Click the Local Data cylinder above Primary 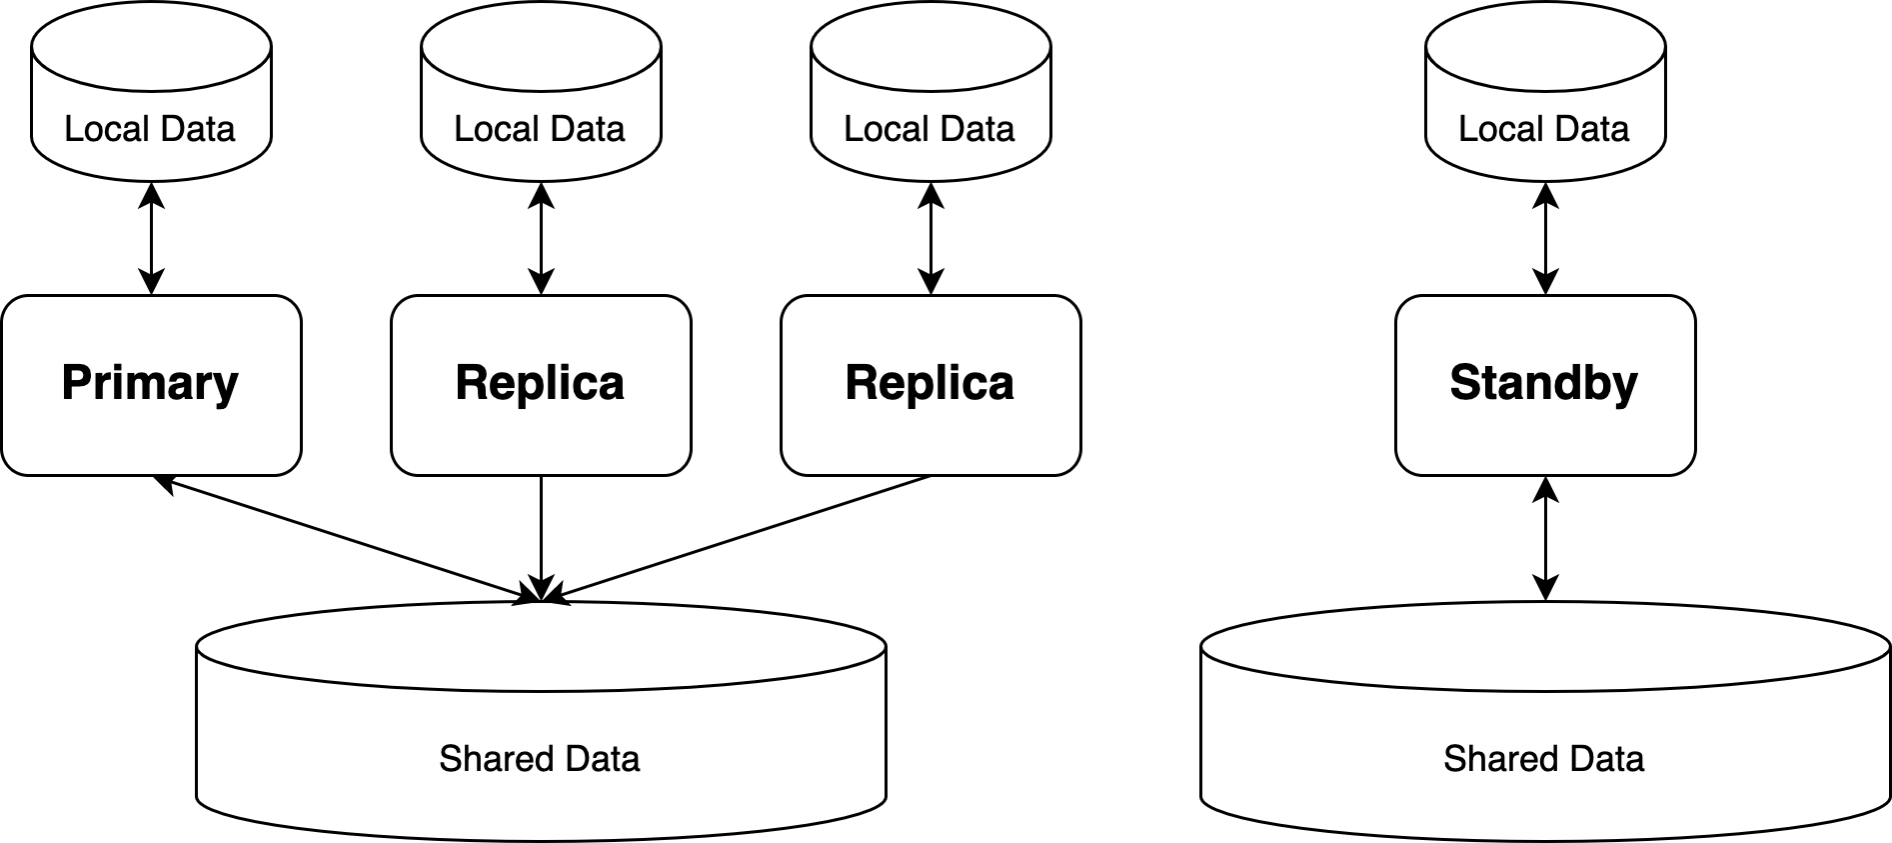coord(151,100)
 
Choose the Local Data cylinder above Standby coord(1544,100)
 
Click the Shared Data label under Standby coord(1543,759)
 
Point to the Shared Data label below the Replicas coord(540,759)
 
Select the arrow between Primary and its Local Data coord(151,238)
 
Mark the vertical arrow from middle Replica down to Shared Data coord(541,530)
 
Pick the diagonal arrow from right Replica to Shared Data coord(740,537)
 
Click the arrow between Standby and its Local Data coord(1545,238)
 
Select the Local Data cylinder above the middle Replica coord(541,100)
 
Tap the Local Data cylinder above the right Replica coord(931,100)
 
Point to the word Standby coord(1544,383)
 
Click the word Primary coord(151,383)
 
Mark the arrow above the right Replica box coord(931,238)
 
